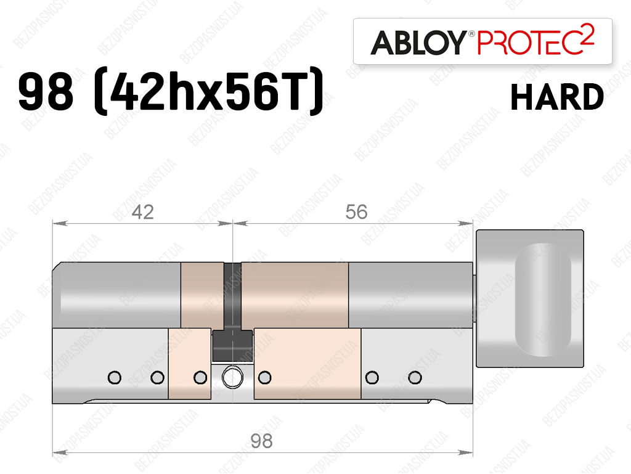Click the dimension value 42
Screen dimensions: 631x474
tap(143, 212)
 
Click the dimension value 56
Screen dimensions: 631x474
tap(357, 212)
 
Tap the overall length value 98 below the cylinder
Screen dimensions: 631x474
tap(261, 441)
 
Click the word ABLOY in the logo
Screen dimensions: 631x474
tap(418, 42)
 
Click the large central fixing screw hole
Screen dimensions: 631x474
tap(232, 377)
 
